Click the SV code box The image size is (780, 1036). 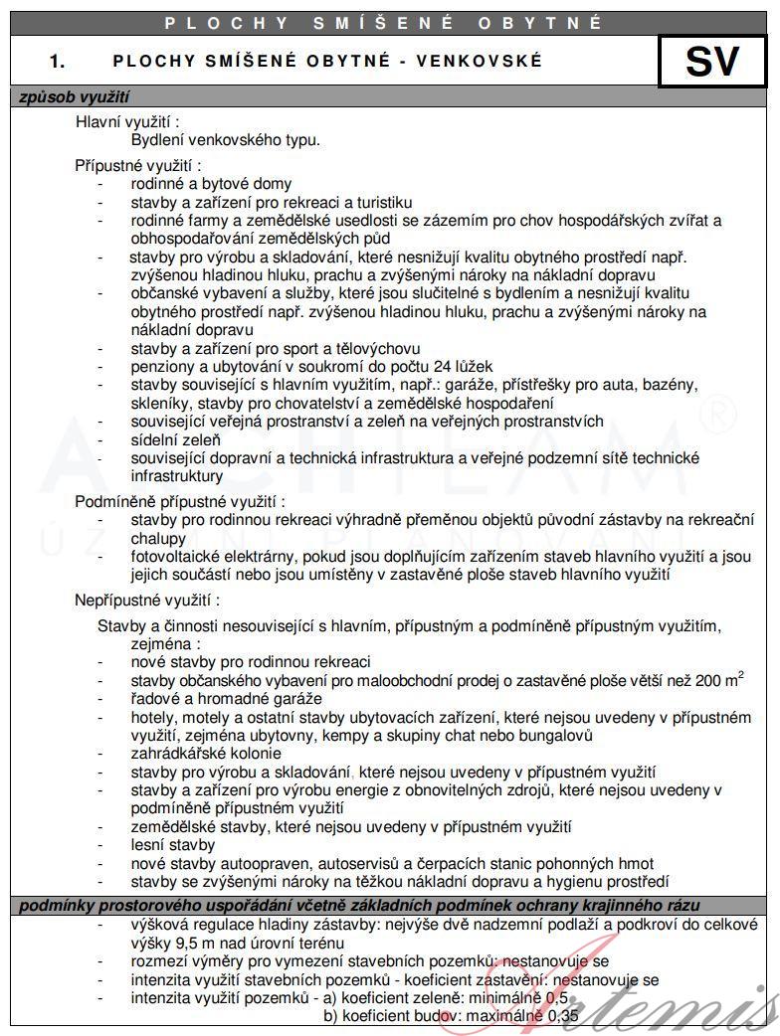pyautogui.click(x=712, y=62)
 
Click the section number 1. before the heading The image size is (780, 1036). pyautogui.click(x=58, y=62)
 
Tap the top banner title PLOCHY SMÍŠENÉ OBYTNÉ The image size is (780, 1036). pyautogui.click(x=384, y=22)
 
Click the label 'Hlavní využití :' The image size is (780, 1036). pyautogui.click(x=127, y=122)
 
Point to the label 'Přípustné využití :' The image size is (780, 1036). pyautogui.click(x=138, y=165)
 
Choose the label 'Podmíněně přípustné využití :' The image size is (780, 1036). pyautogui.click(x=180, y=501)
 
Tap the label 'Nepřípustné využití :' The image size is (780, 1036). pyautogui.click(x=147, y=601)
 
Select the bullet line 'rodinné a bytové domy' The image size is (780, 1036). pyautogui.click(x=211, y=184)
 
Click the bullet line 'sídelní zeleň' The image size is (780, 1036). pyautogui.click(x=175, y=439)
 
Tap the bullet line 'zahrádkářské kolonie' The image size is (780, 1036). pyautogui.click(x=206, y=754)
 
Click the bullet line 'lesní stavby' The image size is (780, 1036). pyautogui.click(x=173, y=845)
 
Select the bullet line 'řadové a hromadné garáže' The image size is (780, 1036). pyautogui.click(x=227, y=699)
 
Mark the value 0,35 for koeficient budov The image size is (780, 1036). pyautogui.click(x=561, y=1016)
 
